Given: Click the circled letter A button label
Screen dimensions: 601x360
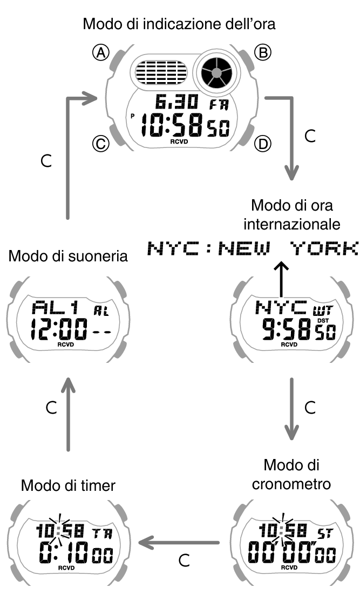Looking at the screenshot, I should point(101,52).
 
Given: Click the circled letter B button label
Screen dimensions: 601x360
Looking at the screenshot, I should point(263,52).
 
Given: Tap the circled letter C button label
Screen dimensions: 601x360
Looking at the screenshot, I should point(101,144).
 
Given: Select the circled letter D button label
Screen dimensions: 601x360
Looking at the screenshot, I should point(263,144).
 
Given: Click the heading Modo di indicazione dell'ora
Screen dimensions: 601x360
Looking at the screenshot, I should point(180,24).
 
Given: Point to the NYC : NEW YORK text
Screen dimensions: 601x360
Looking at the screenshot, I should point(253,249).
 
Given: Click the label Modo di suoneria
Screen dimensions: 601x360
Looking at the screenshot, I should point(68,255).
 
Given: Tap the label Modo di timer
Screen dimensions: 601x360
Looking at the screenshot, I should point(68,485).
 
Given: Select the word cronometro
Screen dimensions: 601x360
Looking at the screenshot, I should point(291,484).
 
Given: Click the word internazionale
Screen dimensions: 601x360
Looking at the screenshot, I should point(291,223).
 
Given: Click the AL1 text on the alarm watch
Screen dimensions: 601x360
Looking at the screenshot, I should point(56,308).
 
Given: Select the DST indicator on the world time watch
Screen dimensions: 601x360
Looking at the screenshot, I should point(322,321).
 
